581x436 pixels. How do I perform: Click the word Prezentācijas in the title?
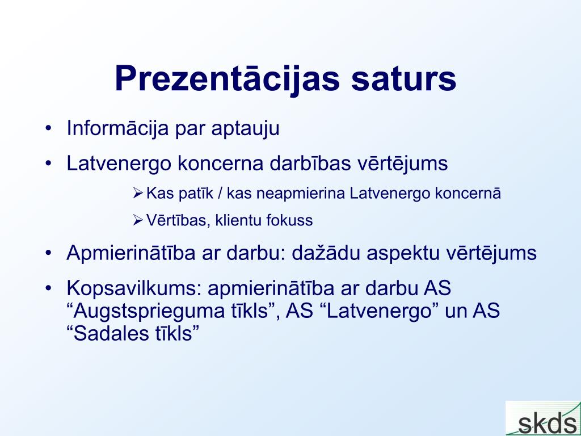click(x=227, y=78)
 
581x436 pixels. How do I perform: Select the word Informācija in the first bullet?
click(x=118, y=128)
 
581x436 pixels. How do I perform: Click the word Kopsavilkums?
click(x=134, y=288)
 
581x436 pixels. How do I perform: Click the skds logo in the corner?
click(x=543, y=418)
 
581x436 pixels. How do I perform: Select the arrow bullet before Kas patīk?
click(x=137, y=193)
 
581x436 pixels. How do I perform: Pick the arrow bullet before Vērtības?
click(x=137, y=220)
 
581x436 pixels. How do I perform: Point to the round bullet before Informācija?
click(x=48, y=128)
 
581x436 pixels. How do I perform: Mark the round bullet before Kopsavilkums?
click(x=48, y=288)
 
